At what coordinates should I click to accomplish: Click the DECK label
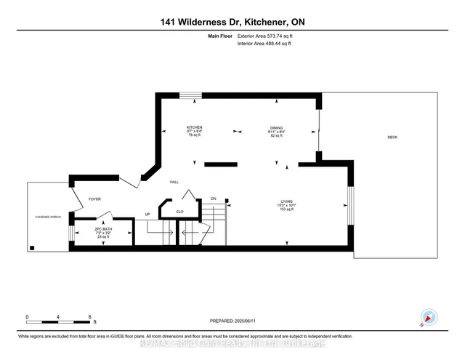coord(392,137)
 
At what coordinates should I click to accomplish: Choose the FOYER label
coord(94,199)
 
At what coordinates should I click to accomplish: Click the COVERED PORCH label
coord(46,217)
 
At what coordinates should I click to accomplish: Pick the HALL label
coord(174,183)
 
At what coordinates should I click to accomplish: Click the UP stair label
coord(148,215)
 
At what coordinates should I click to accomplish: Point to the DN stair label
coord(214,199)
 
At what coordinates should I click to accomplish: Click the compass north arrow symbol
coord(429,317)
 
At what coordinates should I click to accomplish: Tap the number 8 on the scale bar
coord(89,317)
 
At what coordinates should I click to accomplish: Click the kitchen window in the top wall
coord(191,94)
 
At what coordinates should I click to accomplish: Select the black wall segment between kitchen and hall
coord(221,165)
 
